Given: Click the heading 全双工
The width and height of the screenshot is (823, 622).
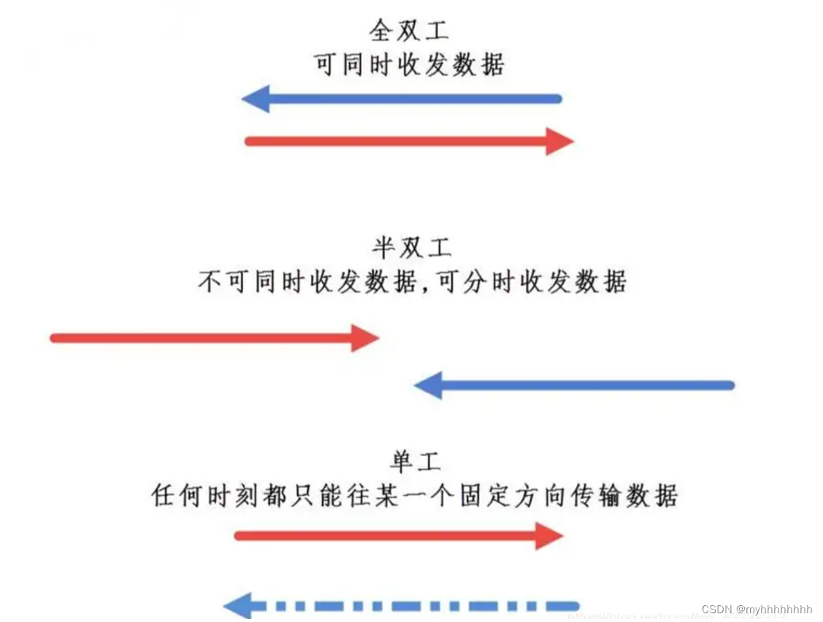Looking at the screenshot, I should pyautogui.click(x=409, y=31).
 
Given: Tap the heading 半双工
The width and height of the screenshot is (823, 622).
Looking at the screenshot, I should pyautogui.click(x=412, y=247).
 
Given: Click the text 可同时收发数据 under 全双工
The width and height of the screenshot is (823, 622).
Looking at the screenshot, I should pyautogui.click(x=409, y=65).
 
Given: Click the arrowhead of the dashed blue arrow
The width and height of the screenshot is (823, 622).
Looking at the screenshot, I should pyautogui.click(x=238, y=606).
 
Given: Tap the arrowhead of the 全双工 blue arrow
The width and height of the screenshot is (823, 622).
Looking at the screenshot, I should pyautogui.click(x=256, y=99).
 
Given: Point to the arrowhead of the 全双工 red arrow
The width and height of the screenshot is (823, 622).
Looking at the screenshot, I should pyautogui.click(x=559, y=141).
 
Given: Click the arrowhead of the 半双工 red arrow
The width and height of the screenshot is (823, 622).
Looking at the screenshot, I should pyautogui.click(x=364, y=338).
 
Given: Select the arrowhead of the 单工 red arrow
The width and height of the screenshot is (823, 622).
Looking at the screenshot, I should pyautogui.click(x=549, y=536).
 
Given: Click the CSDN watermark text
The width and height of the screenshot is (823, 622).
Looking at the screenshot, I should pyautogui.click(x=716, y=609).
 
